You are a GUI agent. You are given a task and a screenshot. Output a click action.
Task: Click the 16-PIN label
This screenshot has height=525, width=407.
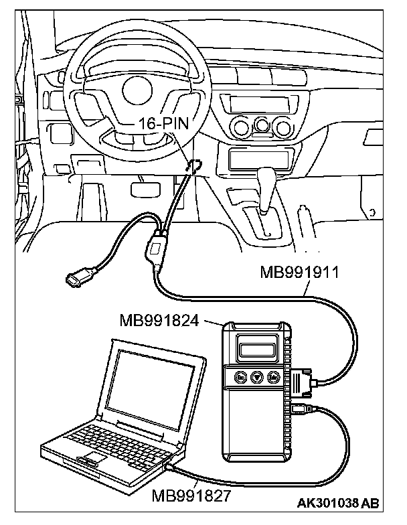(x=164, y=123)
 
